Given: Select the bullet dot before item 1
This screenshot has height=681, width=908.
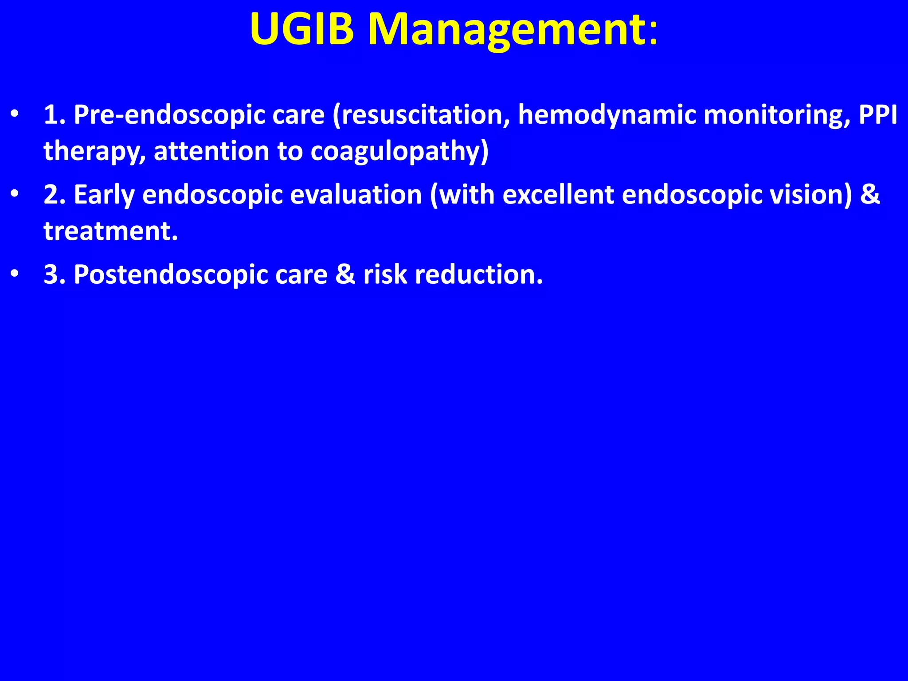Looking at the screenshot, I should point(15,114).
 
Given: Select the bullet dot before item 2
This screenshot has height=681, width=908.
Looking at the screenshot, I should point(15,194).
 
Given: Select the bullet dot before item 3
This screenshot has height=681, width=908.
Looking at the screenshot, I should point(15,274).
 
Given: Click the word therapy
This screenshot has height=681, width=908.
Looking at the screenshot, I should point(94,152).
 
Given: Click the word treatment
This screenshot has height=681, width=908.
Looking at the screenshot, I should point(110,231).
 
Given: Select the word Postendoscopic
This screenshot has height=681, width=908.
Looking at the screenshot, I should point(170,275).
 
